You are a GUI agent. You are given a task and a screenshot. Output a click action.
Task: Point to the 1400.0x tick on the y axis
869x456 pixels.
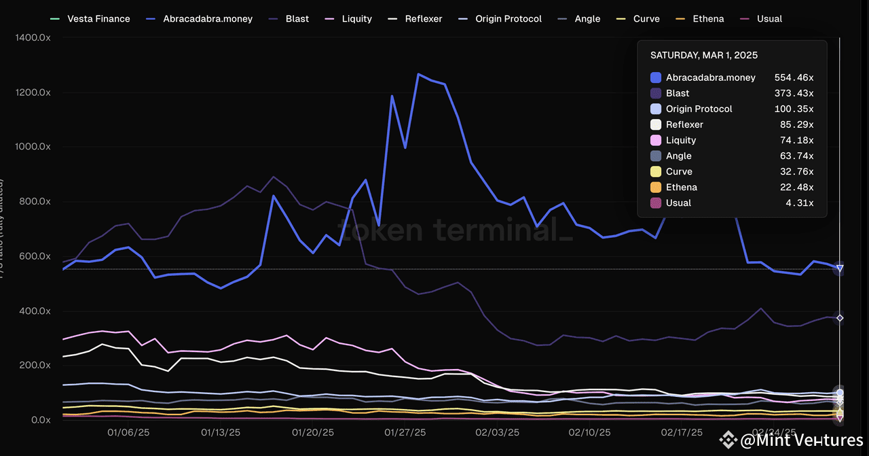(x=33, y=38)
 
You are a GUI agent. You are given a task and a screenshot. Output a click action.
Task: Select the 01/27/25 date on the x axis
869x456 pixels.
(x=406, y=432)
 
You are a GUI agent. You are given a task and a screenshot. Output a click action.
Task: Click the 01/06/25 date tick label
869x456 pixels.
(x=128, y=432)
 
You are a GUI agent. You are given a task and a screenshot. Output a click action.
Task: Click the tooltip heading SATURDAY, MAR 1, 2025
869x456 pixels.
(x=704, y=55)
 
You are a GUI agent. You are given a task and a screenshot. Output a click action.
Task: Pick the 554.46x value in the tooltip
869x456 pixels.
(x=794, y=77)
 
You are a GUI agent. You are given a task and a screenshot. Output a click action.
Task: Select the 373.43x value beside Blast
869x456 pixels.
(x=794, y=93)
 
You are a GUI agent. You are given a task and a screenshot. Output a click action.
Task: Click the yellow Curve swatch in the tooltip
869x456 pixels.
(x=656, y=171)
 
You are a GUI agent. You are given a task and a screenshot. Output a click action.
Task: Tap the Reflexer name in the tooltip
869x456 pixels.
(x=684, y=124)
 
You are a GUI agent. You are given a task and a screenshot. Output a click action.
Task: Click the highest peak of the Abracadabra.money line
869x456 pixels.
(x=418, y=74)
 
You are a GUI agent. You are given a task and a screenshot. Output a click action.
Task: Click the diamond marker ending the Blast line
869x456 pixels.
(x=840, y=318)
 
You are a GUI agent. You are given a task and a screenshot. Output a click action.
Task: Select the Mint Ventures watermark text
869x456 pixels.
(x=801, y=440)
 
